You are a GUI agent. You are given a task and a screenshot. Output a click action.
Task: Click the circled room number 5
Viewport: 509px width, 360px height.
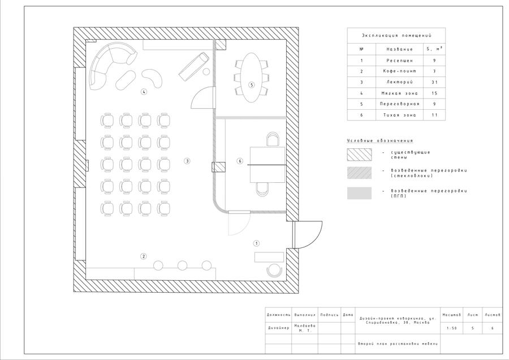click(x=251, y=85)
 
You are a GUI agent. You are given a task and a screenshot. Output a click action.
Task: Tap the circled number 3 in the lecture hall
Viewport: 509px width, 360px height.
click(x=187, y=161)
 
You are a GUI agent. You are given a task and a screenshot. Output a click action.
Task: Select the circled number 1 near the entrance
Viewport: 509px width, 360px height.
click(x=256, y=243)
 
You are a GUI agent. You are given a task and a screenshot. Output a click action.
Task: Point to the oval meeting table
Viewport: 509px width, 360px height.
click(x=251, y=78)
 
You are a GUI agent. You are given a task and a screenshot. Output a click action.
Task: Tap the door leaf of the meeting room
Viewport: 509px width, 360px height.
click(x=214, y=97)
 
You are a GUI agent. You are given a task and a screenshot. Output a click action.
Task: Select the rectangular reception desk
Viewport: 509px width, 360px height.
click(x=269, y=257)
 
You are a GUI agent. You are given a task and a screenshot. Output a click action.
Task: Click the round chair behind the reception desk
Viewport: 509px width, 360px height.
click(x=274, y=271)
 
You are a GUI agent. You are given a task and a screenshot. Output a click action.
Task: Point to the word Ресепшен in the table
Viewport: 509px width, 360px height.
click(x=400, y=61)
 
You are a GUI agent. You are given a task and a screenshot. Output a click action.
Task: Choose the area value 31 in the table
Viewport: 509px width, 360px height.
click(x=434, y=82)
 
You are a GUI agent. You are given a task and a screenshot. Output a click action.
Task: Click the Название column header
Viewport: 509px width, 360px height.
click(x=400, y=49)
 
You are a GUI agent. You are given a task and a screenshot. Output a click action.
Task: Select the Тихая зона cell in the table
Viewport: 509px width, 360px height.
click(x=400, y=115)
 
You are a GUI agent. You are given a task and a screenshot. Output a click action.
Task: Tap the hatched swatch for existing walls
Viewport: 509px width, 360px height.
click(x=359, y=155)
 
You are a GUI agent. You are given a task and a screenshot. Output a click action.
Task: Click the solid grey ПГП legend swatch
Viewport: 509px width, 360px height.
click(x=359, y=194)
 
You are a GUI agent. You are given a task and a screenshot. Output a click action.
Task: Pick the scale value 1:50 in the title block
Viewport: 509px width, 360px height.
click(x=451, y=328)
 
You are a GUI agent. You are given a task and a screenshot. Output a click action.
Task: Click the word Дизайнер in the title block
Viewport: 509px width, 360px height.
click(x=278, y=328)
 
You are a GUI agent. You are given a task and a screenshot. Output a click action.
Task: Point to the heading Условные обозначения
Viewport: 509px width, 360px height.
click(x=380, y=141)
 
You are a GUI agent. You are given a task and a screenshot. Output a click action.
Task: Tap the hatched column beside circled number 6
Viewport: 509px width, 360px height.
click(x=218, y=167)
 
